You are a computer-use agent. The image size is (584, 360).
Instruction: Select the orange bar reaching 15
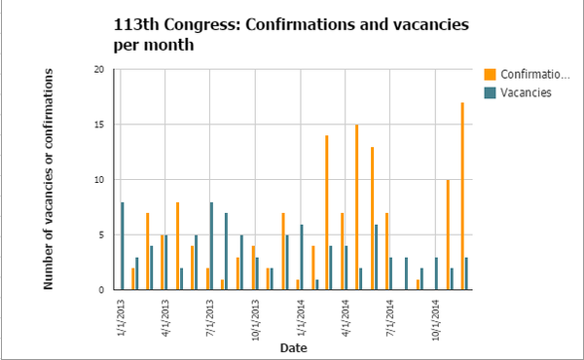click(356, 206)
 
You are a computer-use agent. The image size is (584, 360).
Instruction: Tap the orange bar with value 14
click(326, 212)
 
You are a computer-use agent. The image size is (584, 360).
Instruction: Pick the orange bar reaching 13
click(372, 218)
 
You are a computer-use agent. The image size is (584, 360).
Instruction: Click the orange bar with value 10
click(448, 234)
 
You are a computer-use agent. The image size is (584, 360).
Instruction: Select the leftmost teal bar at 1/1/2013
click(123, 245)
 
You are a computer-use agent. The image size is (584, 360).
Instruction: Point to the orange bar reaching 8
click(178, 245)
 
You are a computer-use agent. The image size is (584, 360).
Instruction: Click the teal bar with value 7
click(226, 251)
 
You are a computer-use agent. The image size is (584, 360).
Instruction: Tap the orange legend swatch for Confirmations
click(491, 74)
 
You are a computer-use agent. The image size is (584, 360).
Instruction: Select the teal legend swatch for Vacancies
click(491, 92)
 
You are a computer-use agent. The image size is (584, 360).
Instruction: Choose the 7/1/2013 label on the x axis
click(208, 315)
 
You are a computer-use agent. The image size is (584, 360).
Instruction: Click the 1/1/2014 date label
click(299, 315)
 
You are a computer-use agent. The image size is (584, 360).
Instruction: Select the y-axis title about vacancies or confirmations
click(48, 179)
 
